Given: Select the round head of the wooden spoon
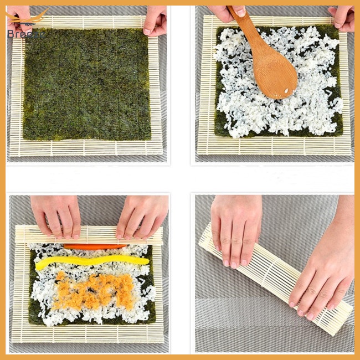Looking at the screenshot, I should (x=275, y=74).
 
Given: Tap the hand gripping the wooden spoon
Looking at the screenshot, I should (x=227, y=12).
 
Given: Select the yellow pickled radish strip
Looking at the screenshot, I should (x=91, y=261).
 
